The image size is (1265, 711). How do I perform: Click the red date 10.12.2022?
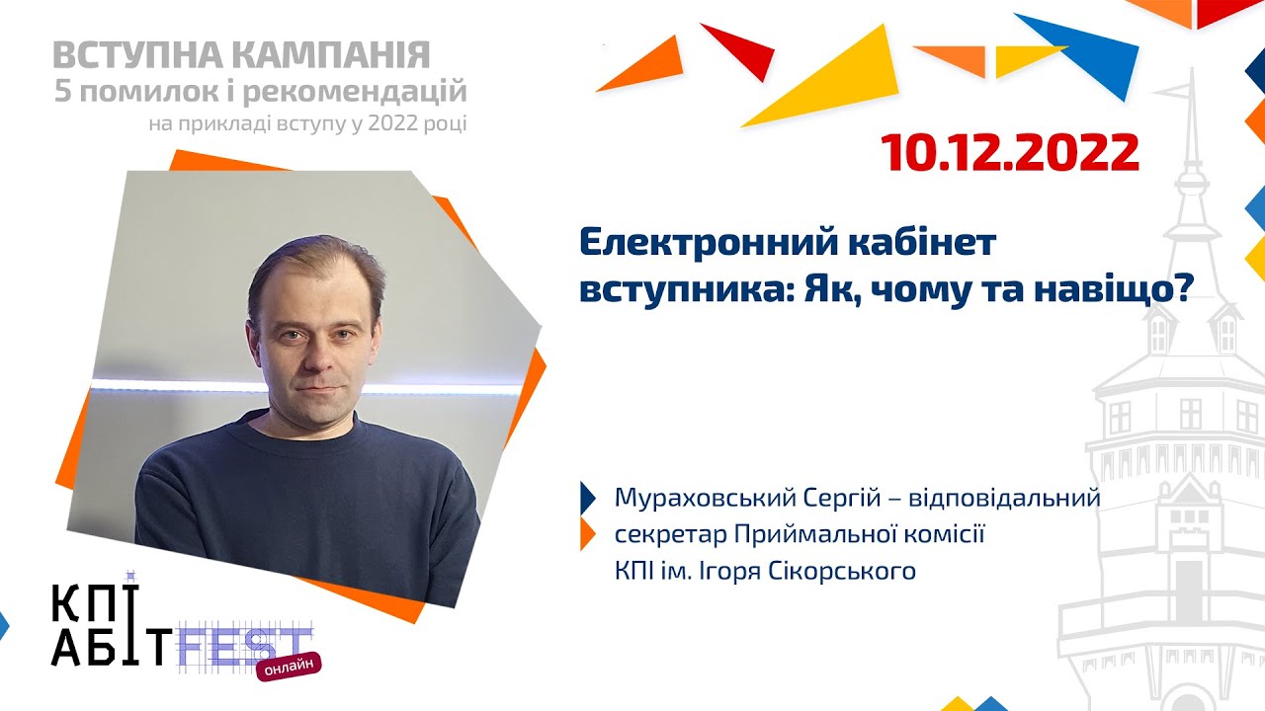1010,153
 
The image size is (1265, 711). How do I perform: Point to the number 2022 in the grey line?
397,124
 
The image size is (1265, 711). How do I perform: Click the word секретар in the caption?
670,534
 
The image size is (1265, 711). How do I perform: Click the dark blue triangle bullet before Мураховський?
588,497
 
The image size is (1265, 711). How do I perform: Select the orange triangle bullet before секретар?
588,534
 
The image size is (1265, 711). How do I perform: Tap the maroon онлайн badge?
290,667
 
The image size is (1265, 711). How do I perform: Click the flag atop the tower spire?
1176,91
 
